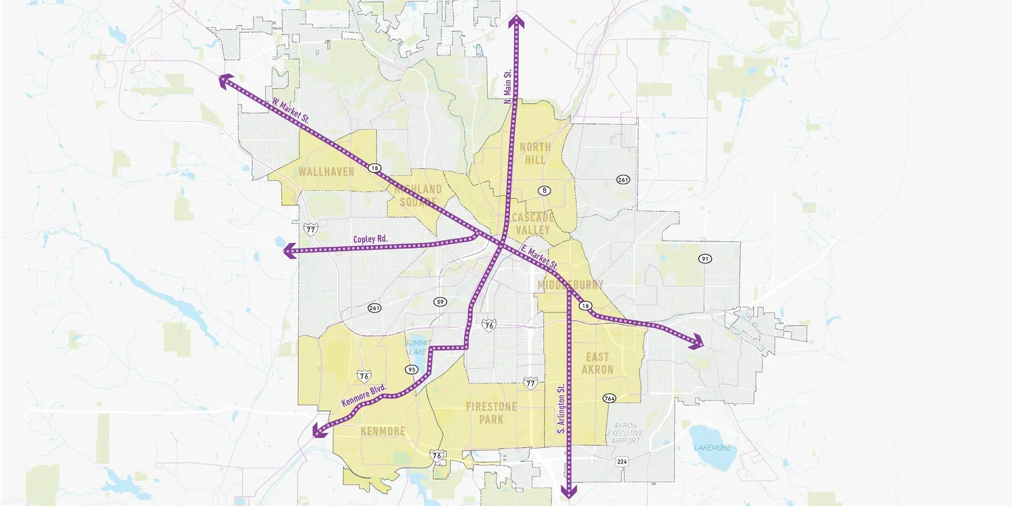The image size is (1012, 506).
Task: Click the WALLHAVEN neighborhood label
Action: [327, 172]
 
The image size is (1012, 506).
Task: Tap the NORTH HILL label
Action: [534, 153]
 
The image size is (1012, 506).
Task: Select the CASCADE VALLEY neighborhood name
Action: [532, 223]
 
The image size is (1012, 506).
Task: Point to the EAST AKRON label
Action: [598, 363]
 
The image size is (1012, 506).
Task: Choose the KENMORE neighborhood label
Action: [383, 432]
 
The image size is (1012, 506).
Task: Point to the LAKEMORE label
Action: [712, 447]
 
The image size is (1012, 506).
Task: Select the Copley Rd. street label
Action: [370, 240]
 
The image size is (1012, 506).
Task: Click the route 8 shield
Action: [544, 190]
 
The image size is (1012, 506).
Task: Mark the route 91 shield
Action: [706, 258]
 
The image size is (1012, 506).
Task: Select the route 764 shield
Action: [610, 398]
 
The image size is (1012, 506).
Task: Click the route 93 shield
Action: [412, 370]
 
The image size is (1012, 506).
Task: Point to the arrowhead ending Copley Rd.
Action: [289, 252]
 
